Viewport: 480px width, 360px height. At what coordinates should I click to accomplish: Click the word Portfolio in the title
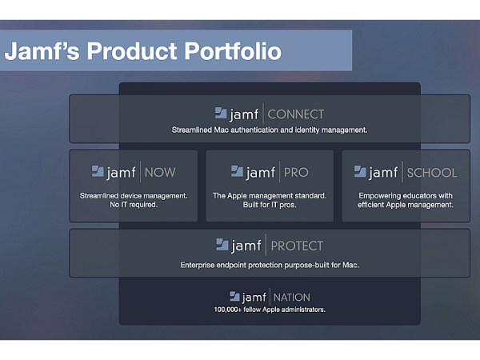point(233,51)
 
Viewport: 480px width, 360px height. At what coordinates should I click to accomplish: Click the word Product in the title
point(132,51)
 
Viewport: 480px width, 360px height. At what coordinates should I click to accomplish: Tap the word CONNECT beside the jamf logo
point(296,114)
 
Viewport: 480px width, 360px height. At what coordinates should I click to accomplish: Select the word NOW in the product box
point(160,172)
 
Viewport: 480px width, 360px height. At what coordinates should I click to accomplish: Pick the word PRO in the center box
point(296,172)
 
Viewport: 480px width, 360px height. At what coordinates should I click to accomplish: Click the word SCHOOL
point(432,173)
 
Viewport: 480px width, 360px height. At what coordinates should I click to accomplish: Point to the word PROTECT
point(297,246)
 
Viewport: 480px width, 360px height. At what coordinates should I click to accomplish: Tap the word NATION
point(292,298)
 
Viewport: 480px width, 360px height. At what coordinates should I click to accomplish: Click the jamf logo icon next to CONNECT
point(221,113)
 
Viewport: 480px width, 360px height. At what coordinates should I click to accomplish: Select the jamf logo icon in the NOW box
point(98,171)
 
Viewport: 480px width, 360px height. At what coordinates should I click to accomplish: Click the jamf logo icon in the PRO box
point(237,171)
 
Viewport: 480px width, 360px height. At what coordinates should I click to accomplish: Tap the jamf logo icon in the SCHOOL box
point(360,171)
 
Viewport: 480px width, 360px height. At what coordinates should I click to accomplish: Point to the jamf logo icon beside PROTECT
point(222,244)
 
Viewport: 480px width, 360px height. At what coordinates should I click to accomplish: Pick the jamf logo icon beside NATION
point(234,296)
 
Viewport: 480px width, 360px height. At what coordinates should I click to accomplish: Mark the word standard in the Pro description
point(310,196)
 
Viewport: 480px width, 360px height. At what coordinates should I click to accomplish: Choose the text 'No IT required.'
point(134,205)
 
